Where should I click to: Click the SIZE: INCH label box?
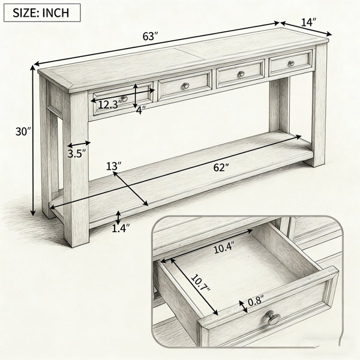coord(42,13)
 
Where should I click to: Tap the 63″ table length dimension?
coord(151,36)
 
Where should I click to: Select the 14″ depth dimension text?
coord(308,22)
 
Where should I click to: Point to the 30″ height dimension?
coord(23,132)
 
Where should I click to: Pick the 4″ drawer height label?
coord(140,110)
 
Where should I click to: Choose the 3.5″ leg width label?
coord(77,154)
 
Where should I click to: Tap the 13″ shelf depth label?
coord(113,166)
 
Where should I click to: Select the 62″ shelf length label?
coord(221,167)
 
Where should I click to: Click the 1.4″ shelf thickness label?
coord(121,229)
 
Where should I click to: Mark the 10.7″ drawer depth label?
coord(200,283)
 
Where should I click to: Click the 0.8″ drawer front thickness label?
coord(256,301)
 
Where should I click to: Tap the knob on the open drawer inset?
coord(273,317)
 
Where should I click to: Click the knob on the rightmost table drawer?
coord(291,64)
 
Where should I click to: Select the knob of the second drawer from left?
coord(185,86)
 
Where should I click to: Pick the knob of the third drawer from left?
coord(241,74)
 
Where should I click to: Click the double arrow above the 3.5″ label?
coord(79,144)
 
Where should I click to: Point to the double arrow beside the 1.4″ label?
coord(118,218)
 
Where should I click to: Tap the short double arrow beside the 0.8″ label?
coord(244,307)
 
